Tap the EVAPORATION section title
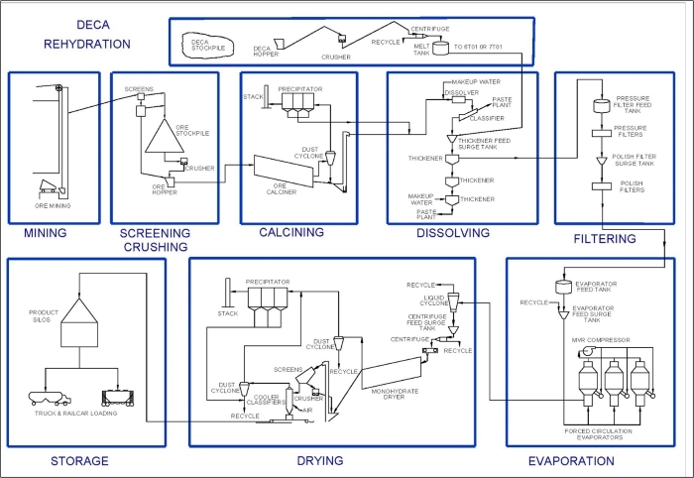click(572, 461)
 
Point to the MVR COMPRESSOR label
click(601, 339)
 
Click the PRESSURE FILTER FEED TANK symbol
click(599, 105)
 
